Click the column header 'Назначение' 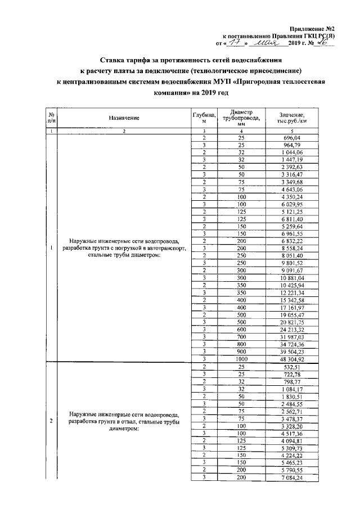click(x=124, y=118)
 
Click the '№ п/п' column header click(x=51, y=118)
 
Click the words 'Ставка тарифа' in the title click(x=129, y=59)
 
